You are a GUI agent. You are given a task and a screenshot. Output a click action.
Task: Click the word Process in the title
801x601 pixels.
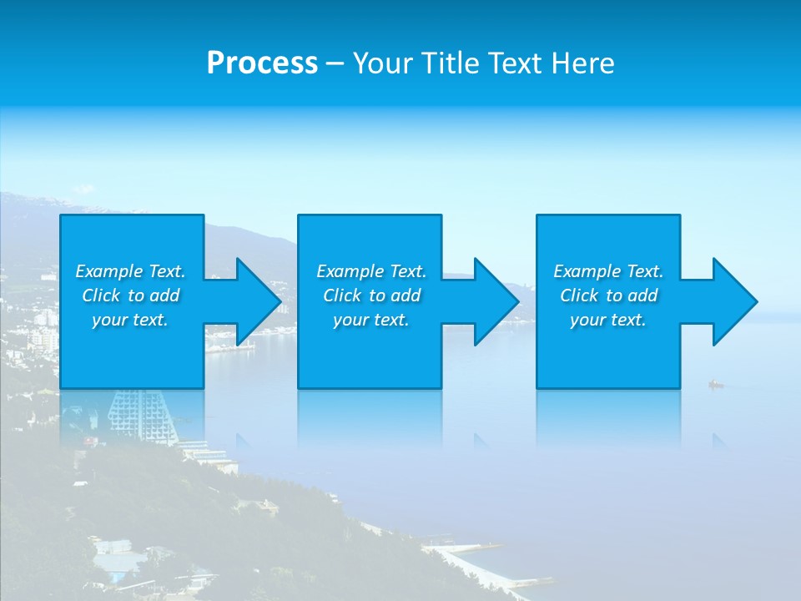[x=262, y=63]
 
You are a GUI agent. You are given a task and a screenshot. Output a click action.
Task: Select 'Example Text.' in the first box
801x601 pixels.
[x=130, y=271]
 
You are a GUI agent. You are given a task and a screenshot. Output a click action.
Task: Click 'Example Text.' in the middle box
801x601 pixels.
[x=371, y=271]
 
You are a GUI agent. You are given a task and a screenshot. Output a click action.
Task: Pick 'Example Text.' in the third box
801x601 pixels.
[x=608, y=271]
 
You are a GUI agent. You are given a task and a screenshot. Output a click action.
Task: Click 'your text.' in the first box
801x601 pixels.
[x=130, y=320]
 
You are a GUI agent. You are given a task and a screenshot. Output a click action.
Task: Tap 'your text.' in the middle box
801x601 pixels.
[x=371, y=320]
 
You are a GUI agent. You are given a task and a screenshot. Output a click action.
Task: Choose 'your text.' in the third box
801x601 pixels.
[x=608, y=320]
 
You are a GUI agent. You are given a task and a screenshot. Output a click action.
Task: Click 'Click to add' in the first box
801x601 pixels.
[x=130, y=295]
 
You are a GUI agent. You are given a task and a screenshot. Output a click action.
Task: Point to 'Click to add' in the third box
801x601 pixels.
[x=608, y=295]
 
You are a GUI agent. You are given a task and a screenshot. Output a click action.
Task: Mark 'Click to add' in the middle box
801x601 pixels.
[x=371, y=295]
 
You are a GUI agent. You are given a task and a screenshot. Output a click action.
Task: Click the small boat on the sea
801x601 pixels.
[x=715, y=384]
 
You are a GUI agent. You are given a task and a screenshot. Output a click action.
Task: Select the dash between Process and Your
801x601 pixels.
[x=335, y=63]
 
